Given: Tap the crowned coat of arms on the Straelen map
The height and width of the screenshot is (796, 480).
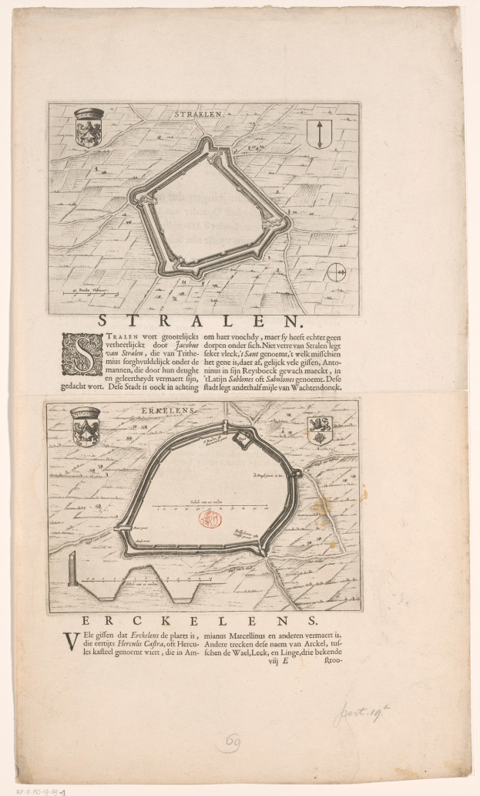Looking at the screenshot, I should [89, 126].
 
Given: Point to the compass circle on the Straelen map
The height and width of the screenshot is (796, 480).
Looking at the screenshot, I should [337, 272].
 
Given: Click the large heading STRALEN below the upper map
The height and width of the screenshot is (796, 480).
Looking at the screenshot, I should [202, 322].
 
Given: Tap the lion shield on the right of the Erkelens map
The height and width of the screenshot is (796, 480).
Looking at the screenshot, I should [319, 430].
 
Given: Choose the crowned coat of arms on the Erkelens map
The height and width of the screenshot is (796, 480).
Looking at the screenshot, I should [86, 426].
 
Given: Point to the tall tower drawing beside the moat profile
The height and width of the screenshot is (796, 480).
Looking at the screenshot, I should [72, 570].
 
